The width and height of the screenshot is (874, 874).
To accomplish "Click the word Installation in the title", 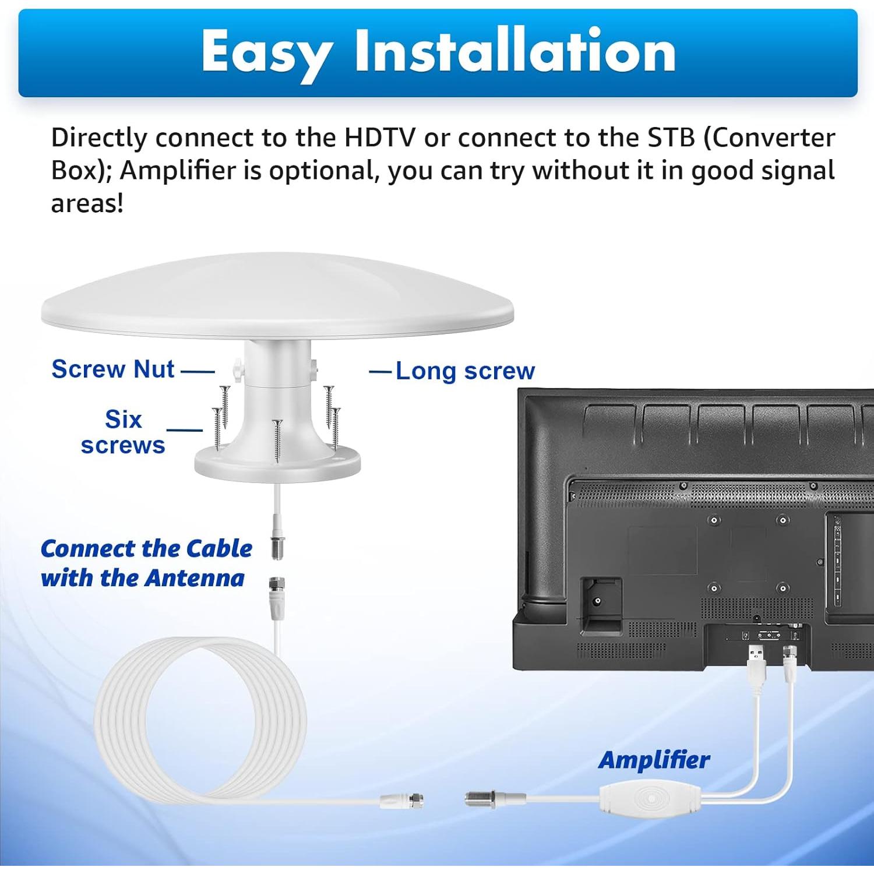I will [x=515, y=51].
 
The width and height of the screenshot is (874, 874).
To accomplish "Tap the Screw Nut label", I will [x=113, y=369].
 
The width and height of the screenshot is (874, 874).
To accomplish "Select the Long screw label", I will [x=465, y=371].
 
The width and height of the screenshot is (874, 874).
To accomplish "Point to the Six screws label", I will [x=123, y=432].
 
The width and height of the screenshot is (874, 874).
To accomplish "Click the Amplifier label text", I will [x=654, y=760].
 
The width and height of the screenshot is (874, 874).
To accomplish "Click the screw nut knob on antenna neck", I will [x=237, y=368].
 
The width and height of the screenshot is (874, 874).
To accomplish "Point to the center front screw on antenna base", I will [x=277, y=440].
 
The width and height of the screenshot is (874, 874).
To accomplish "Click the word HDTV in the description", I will [x=380, y=138].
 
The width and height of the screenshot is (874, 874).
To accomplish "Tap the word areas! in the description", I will [x=87, y=203].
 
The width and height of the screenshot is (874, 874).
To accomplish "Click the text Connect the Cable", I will [x=146, y=549].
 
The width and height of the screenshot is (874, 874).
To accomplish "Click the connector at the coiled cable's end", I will [x=402, y=800].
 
